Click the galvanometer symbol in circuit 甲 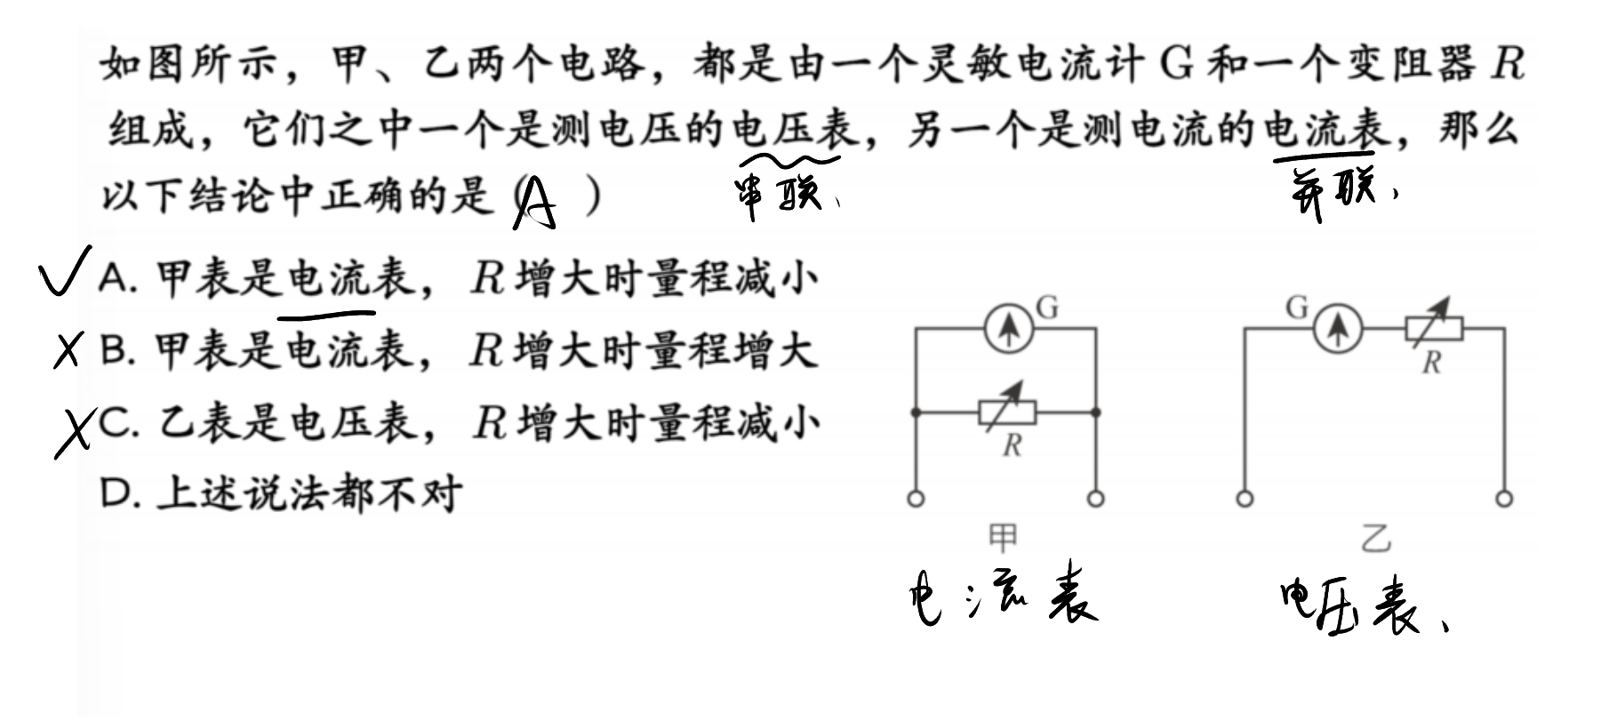point(1008,329)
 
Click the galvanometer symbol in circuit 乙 point(1337,329)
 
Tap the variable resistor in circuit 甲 point(1007,412)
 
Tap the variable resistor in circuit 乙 point(1433,328)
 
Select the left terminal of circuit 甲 point(916,499)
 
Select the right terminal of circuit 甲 point(1096,499)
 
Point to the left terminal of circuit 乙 point(1245,499)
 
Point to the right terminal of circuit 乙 point(1504,499)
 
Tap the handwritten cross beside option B point(68,350)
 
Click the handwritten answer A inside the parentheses point(536,204)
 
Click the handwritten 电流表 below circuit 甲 point(1003,601)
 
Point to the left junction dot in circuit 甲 point(916,413)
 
